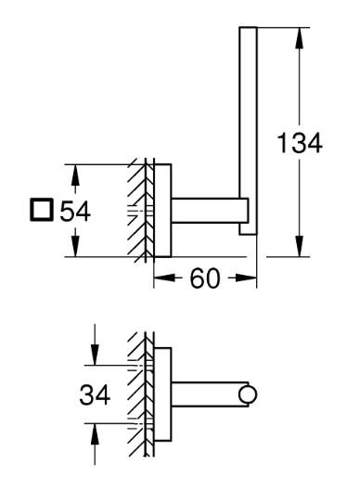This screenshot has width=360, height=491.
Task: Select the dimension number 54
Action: click(x=73, y=212)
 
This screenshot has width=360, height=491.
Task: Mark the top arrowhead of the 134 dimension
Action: click(x=298, y=36)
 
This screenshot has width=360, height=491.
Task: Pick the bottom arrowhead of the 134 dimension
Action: click(x=298, y=251)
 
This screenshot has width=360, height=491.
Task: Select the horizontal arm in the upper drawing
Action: click(x=209, y=212)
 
